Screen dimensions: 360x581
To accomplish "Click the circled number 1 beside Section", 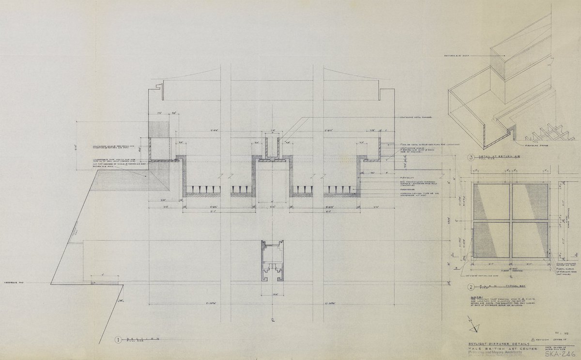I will pos(119,340).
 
